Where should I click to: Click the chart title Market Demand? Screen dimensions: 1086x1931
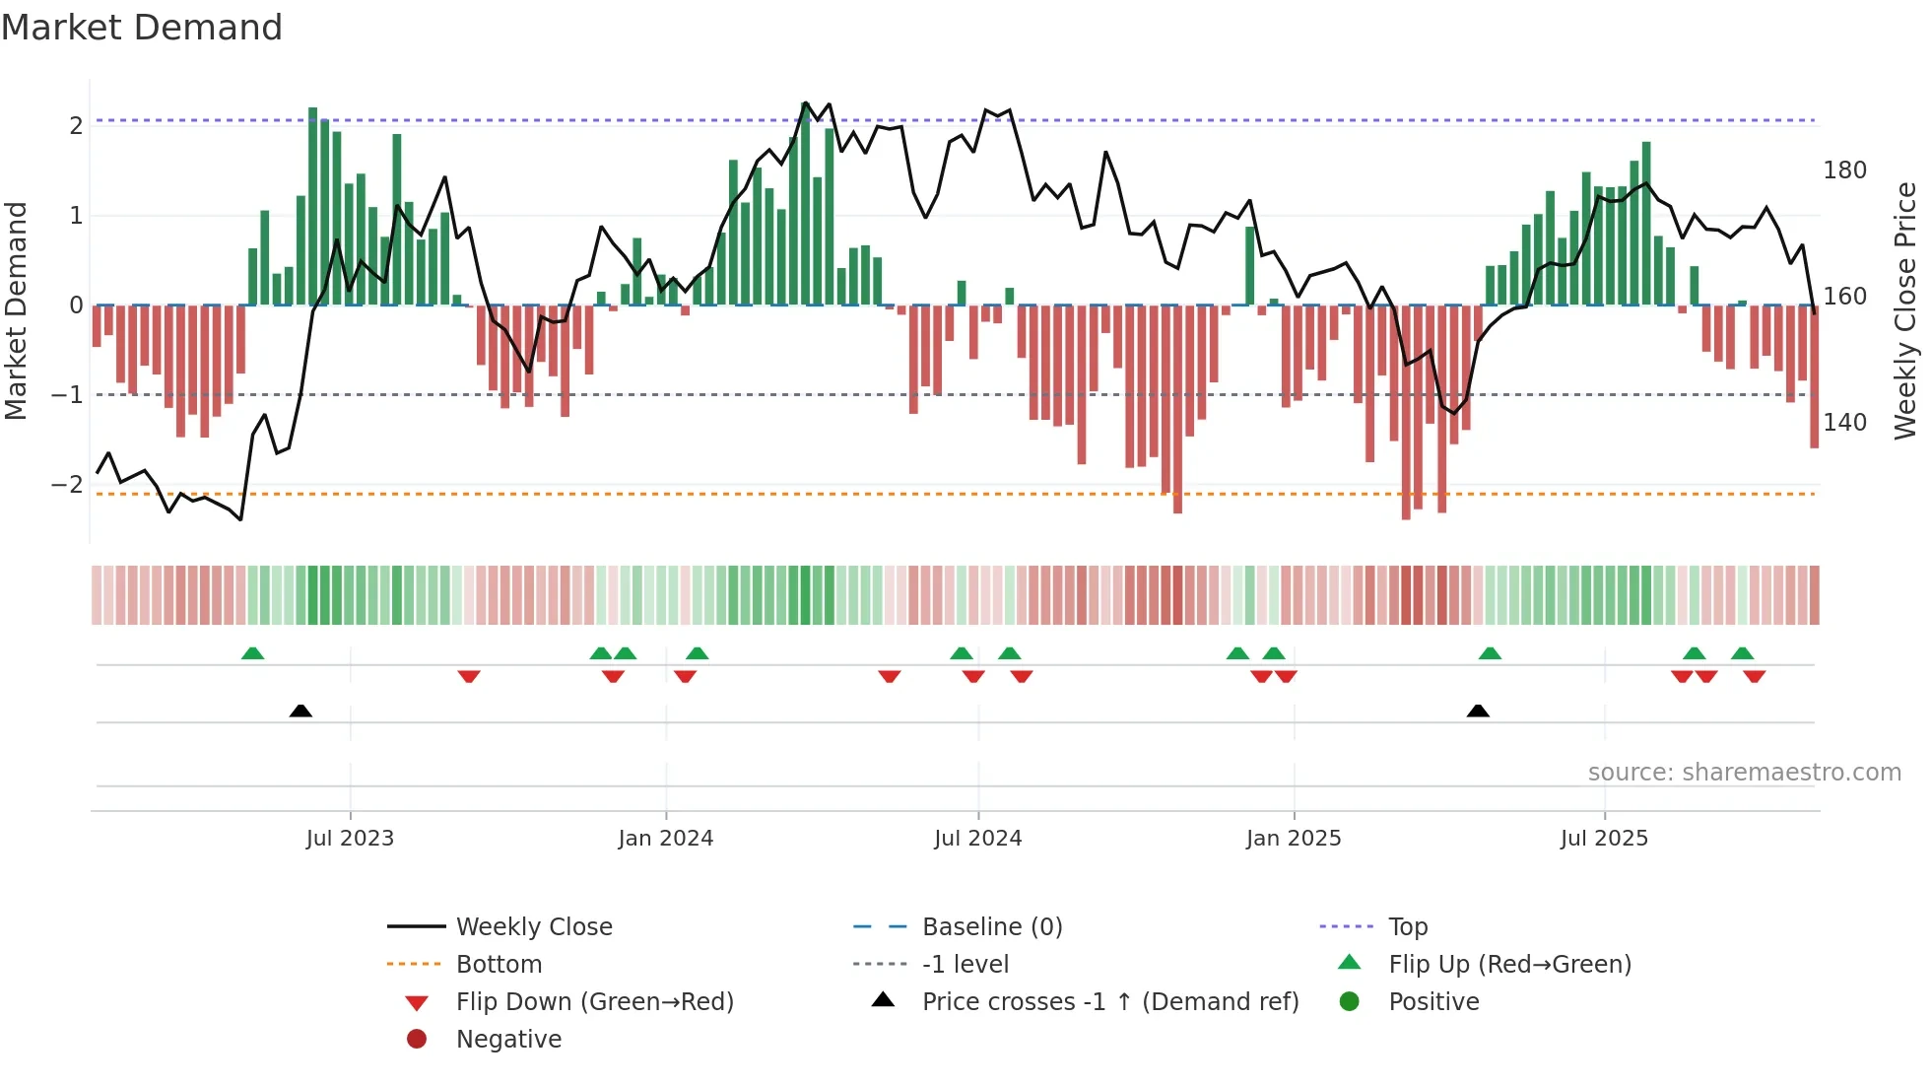pyautogui.click(x=142, y=28)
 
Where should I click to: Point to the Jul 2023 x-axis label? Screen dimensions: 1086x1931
pyautogui.click(x=350, y=839)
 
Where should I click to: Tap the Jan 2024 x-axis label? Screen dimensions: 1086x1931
pyautogui.click(x=665, y=839)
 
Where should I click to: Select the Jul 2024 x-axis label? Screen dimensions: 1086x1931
pyautogui.click(x=977, y=839)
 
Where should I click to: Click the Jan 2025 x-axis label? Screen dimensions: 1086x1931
pyautogui.click(x=1293, y=839)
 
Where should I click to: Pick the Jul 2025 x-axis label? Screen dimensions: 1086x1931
pyautogui.click(x=1604, y=839)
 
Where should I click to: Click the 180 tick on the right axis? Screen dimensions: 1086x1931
pyautogui.click(x=1844, y=170)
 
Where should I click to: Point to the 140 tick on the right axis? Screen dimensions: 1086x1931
pyautogui.click(x=1844, y=423)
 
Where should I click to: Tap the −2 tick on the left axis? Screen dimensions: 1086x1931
pyautogui.click(x=67, y=485)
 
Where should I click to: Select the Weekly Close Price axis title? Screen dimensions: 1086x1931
pyautogui.click(x=1905, y=310)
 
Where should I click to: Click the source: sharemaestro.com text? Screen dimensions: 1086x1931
pyautogui.click(x=1744, y=773)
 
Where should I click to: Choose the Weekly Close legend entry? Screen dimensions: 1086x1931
pyautogui.click(x=533, y=927)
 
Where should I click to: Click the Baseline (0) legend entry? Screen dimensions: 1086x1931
pyautogui.click(x=991, y=927)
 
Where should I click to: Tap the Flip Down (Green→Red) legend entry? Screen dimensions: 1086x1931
pyautogui.click(x=594, y=1002)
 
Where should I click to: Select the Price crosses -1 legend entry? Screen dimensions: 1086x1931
pyautogui.click(x=1109, y=1002)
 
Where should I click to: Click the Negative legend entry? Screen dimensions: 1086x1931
pyautogui.click(x=508, y=1040)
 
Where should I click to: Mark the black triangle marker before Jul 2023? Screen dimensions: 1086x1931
pyautogui.click(x=300, y=712)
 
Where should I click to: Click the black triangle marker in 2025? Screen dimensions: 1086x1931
pyautogui.click(x=1477, y=712)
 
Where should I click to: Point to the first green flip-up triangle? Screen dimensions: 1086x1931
pyautogui.click(x=252, y=653)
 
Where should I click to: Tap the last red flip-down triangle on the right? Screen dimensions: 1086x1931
pyautogui.click(x=1754, y=676)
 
